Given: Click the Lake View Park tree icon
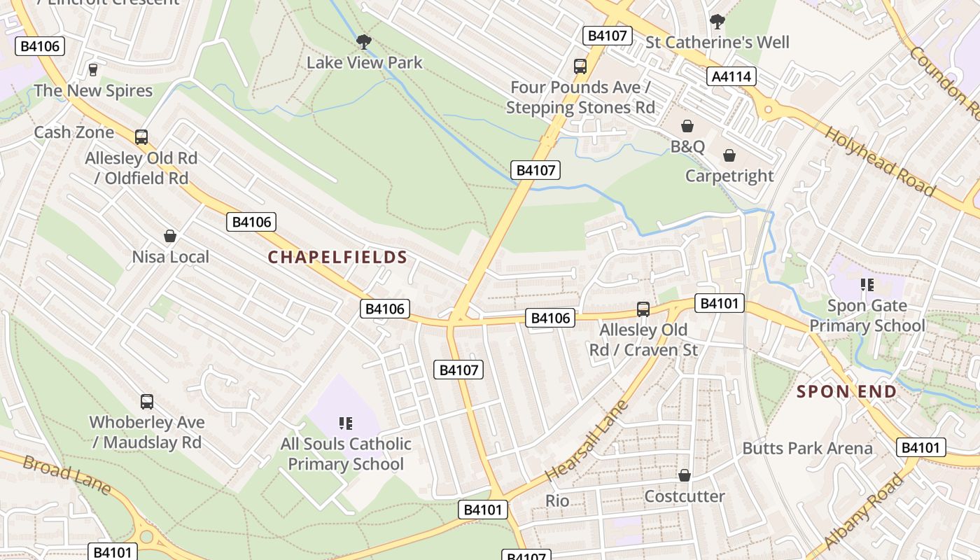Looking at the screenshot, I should (363, 42).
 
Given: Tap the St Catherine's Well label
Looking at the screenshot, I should (717, 42).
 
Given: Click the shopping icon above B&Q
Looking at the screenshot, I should (687, 126).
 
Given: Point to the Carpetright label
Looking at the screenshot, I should (729, 176).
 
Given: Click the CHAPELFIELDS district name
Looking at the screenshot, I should (337, 257).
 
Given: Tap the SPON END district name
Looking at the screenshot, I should (847, 391).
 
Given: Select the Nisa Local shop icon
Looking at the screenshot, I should (169, 236).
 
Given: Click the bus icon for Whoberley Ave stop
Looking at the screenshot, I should (146, 402).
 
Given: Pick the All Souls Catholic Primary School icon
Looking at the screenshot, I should (345, 423).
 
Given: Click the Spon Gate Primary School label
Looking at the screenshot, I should (867, 316).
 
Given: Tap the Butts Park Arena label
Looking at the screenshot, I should (807, 448).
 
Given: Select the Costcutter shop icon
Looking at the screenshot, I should (685, 475).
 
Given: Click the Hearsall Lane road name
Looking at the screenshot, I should (587, 440).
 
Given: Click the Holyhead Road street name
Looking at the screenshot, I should (879, 162).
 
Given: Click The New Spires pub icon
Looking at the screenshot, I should (92, 69).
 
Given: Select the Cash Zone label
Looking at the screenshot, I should (73, 132).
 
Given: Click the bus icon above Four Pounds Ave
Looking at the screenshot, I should (580, 66).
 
